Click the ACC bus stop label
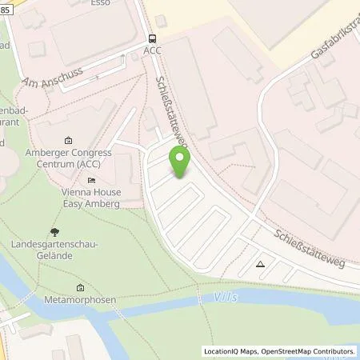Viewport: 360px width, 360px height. tap(151, 50)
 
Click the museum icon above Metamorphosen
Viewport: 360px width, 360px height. tap(80, 287)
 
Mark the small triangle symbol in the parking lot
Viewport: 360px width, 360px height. tap(260, 262)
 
